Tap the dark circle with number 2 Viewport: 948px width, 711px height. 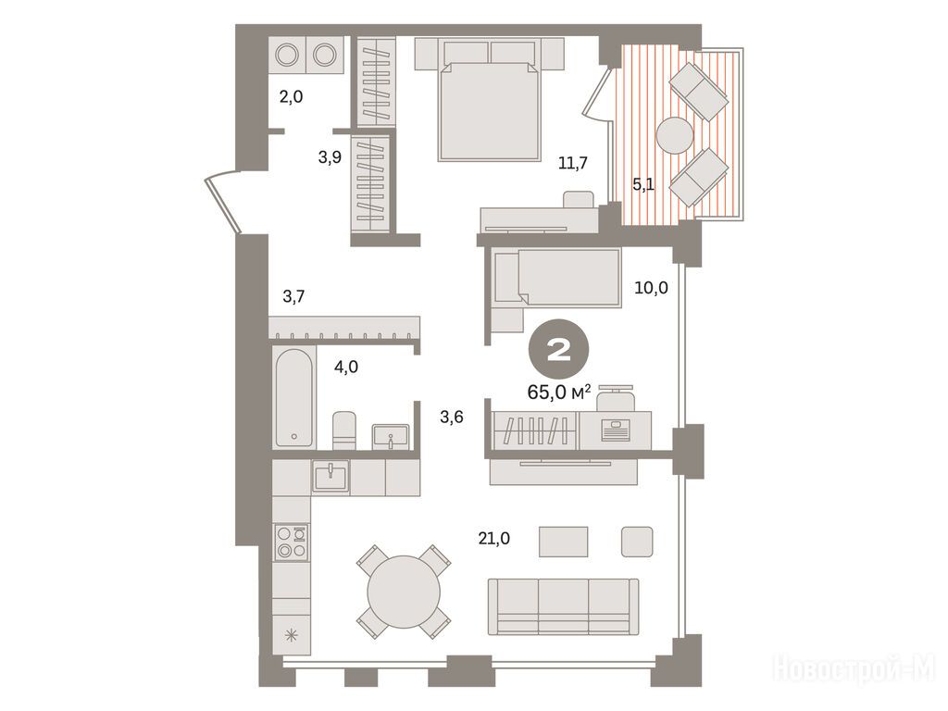coord(559,349)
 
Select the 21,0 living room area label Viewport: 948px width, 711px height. coord(494,538)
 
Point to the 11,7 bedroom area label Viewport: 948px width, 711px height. coord(572,163)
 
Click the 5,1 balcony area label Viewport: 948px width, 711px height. coord(643,184)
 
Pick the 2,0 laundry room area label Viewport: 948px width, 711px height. coord(291,96)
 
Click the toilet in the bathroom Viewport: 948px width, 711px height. coord(344,430)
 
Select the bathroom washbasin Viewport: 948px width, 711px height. coord(391,436)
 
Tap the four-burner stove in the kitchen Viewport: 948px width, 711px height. coord(291,542)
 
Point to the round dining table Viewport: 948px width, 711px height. coord(404,592)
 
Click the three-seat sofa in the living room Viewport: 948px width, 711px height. coord(564,606)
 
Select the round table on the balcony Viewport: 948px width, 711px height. coord(675,135)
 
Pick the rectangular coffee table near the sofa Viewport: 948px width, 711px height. coord(563,541)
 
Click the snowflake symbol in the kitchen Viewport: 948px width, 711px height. coord(292,635)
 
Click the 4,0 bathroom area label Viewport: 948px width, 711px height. coord(346,367)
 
